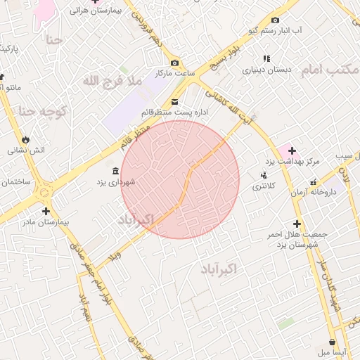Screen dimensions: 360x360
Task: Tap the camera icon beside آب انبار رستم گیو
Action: tap(275, 20)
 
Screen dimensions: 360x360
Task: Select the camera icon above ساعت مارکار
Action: tap(174, 63)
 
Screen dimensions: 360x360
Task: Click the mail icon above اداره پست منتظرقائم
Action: tap(174, 102)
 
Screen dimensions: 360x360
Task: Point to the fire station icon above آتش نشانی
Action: tap(27, 139)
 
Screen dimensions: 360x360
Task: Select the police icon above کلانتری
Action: tap(264, 175)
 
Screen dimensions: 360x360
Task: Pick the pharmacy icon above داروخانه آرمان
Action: tap(313, 182)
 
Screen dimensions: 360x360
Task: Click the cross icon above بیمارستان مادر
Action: tap(46, 211)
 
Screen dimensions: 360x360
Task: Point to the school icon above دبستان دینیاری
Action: tap(266, 59)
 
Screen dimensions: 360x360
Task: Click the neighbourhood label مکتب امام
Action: tap(330, 70)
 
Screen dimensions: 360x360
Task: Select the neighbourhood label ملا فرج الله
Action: tap(112, 82)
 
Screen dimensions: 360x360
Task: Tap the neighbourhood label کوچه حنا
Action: tap(42, 110)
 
